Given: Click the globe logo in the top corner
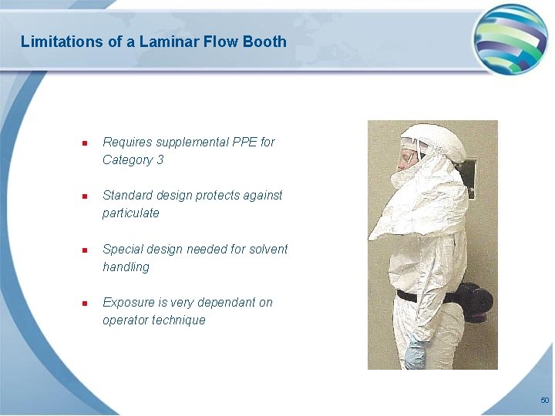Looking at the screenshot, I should click(510, 39).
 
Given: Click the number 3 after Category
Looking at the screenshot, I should click(160, 160).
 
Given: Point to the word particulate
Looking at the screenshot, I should click(131, 213).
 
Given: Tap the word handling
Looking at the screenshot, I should click(126, 267).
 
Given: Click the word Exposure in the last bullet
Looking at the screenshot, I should click(128, 303).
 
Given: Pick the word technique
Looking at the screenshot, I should click(179, 320).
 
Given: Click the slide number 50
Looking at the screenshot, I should click(544, 401).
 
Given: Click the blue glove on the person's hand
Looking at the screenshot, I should click(417, 353).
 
